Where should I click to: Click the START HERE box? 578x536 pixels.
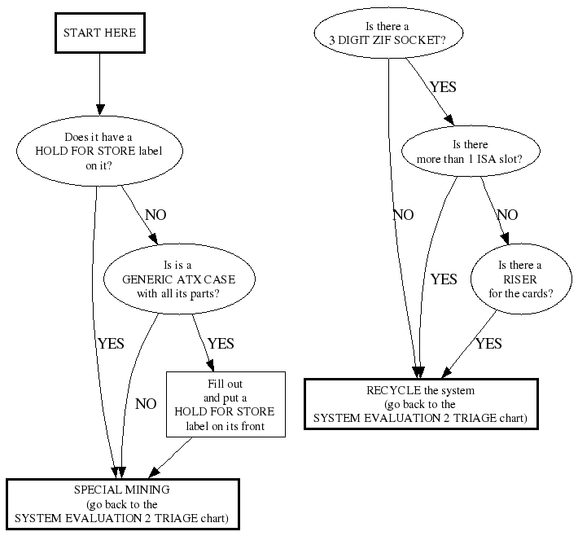[x=99, y=33]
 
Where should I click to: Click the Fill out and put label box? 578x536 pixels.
[x=226, y=404]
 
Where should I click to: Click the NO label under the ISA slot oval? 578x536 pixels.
[x=507, y=215]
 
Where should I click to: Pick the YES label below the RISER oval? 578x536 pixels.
[x=488, y=344]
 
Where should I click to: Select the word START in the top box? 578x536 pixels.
[x=82, y=33]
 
